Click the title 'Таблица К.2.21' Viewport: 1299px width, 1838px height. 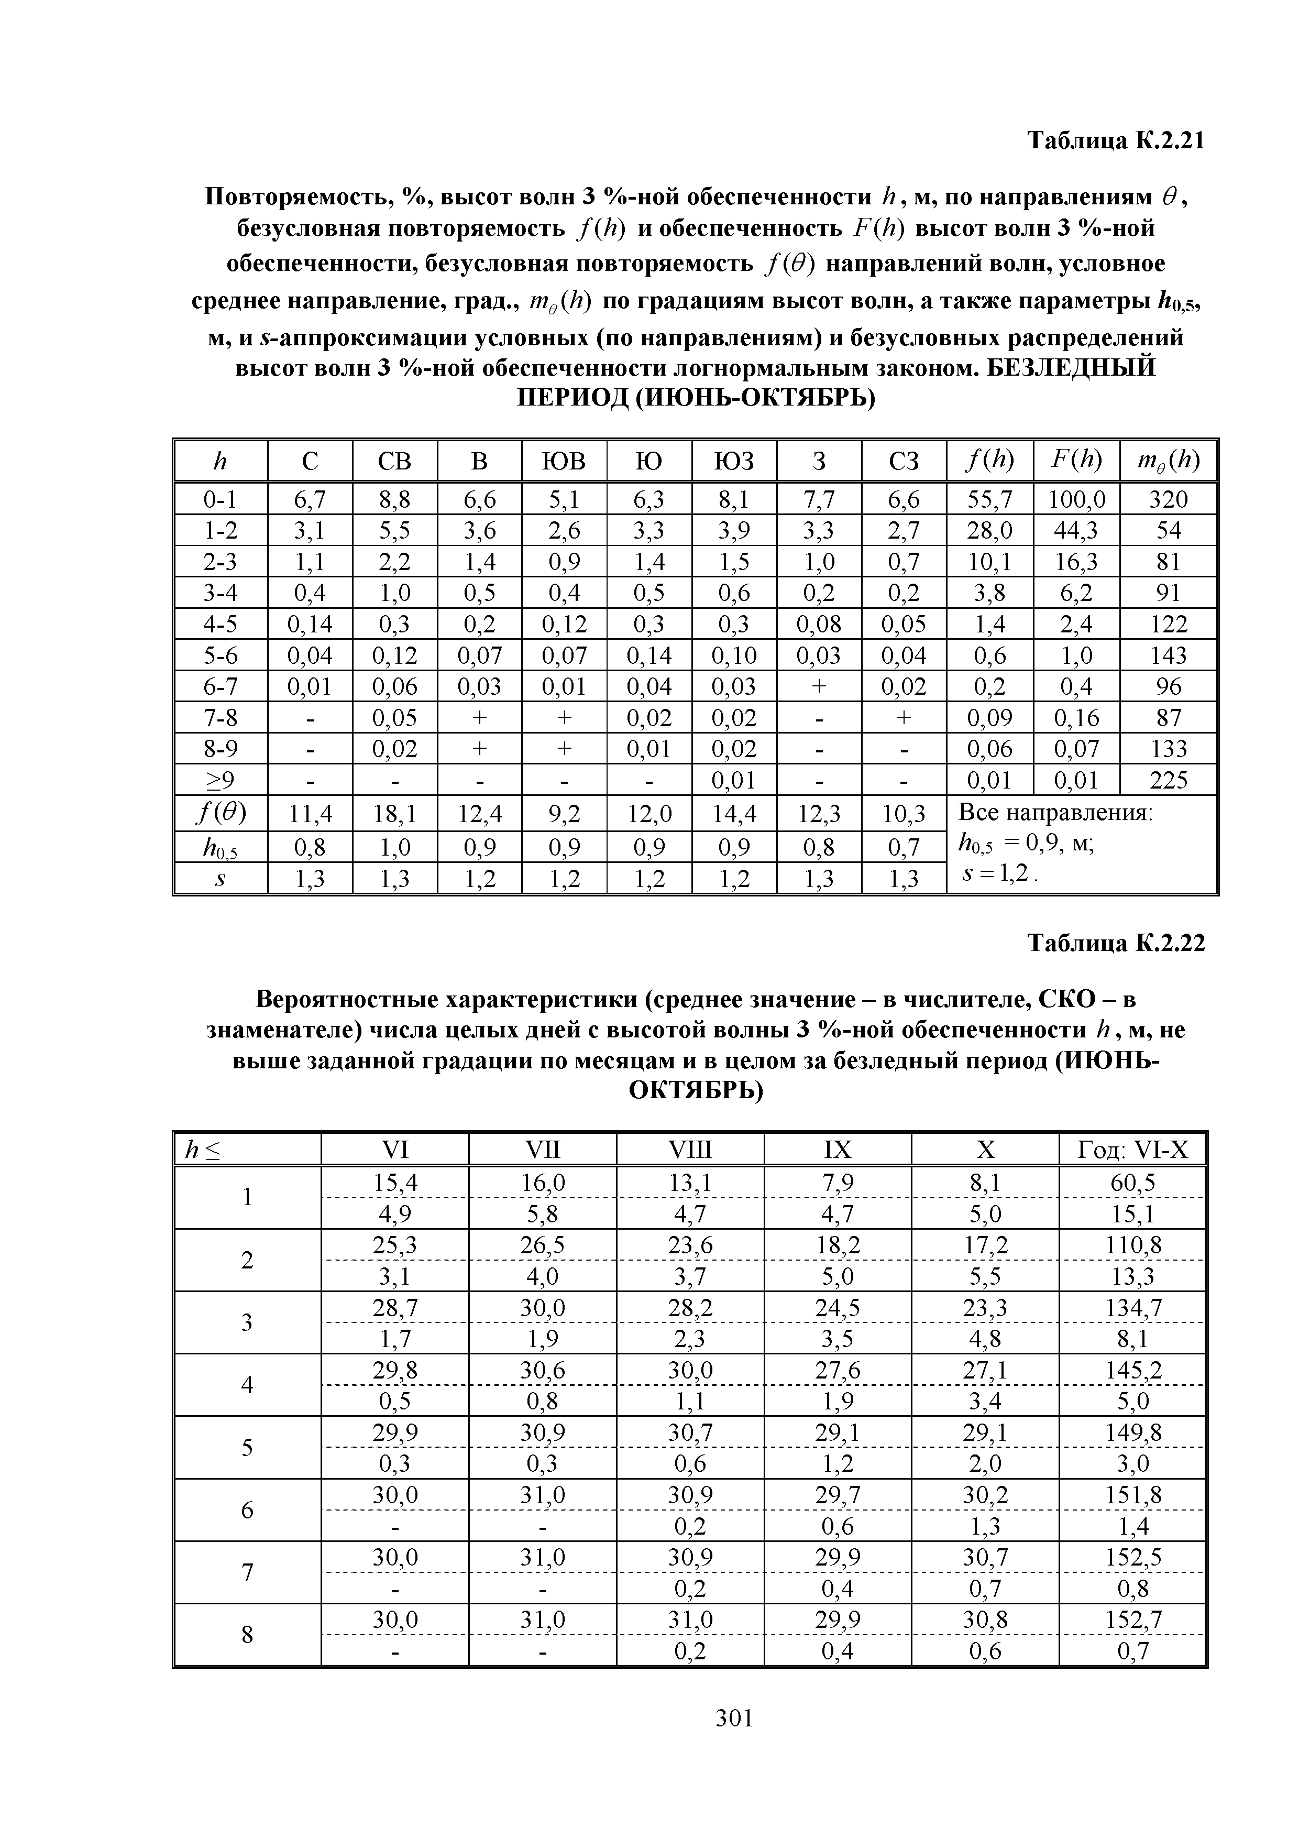coord(1115,141)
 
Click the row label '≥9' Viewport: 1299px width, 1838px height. coord(220,780)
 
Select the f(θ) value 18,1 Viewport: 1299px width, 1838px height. coord(394,815)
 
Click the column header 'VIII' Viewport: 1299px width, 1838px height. coord(689,1151)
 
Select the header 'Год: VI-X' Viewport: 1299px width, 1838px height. coord(1132,1151)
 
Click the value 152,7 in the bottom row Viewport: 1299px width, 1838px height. coord(1132,1620)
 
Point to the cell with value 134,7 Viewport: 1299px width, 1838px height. coord(1132,1308)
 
